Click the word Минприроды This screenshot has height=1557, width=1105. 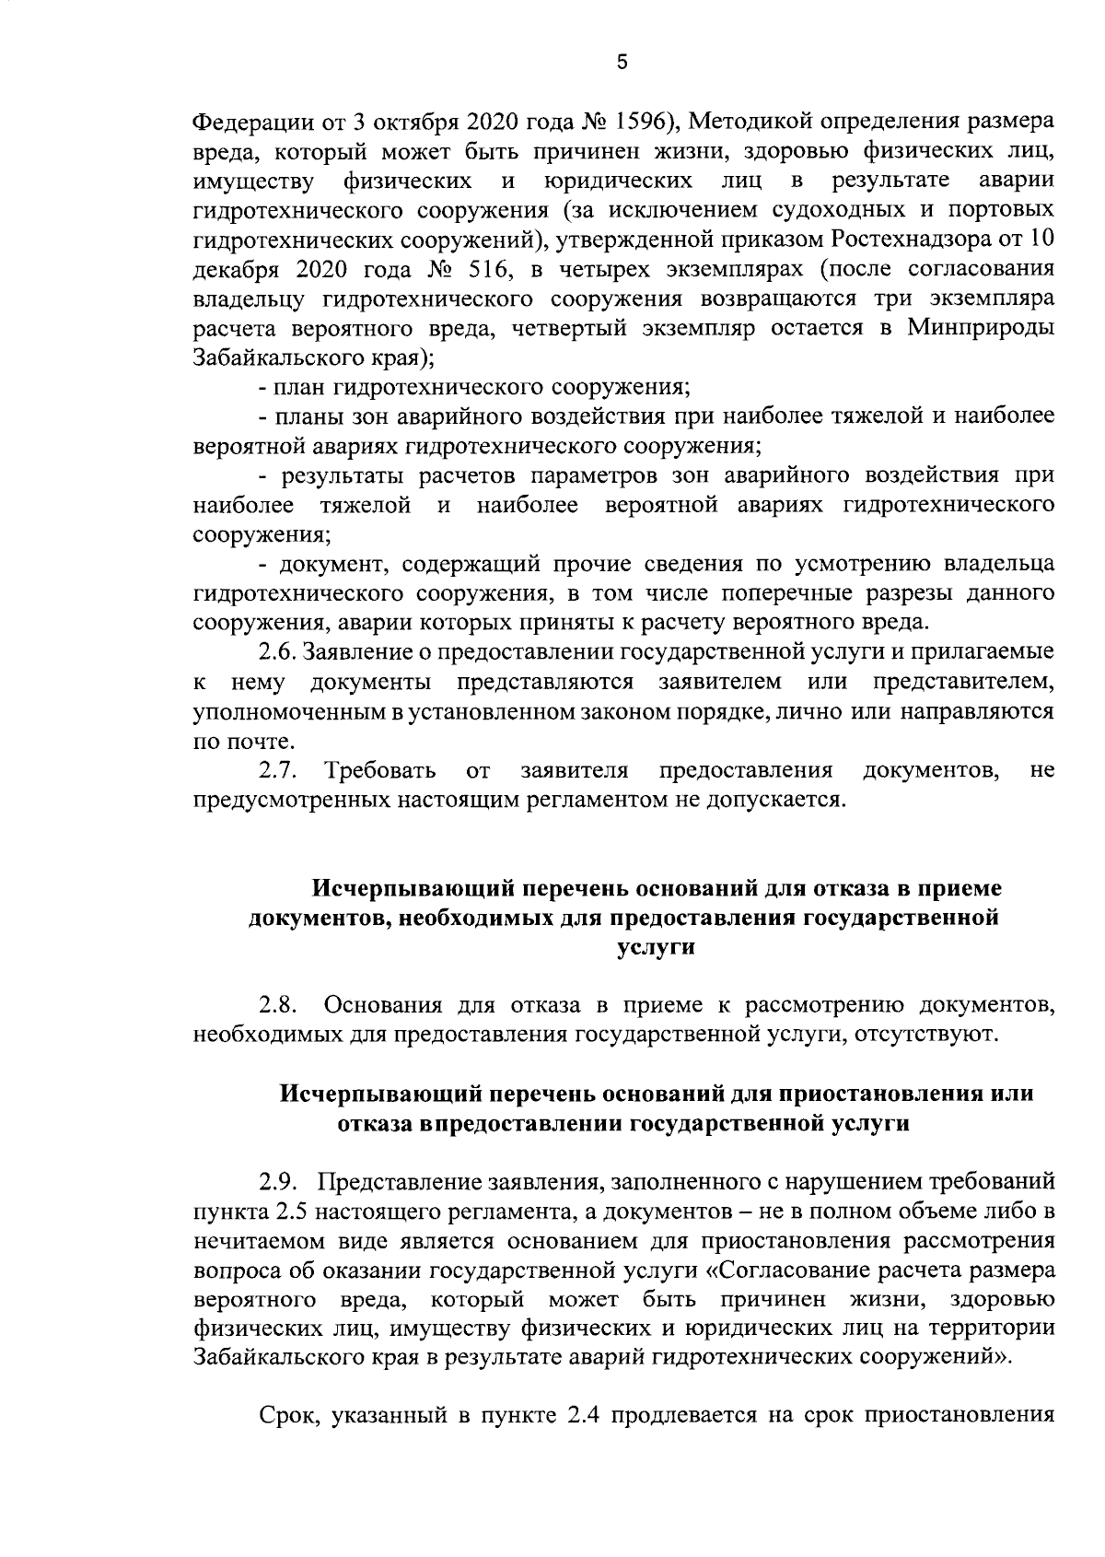point(982,329)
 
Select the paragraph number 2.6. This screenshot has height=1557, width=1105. point(277,652)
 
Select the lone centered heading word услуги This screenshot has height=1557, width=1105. point(654,947)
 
